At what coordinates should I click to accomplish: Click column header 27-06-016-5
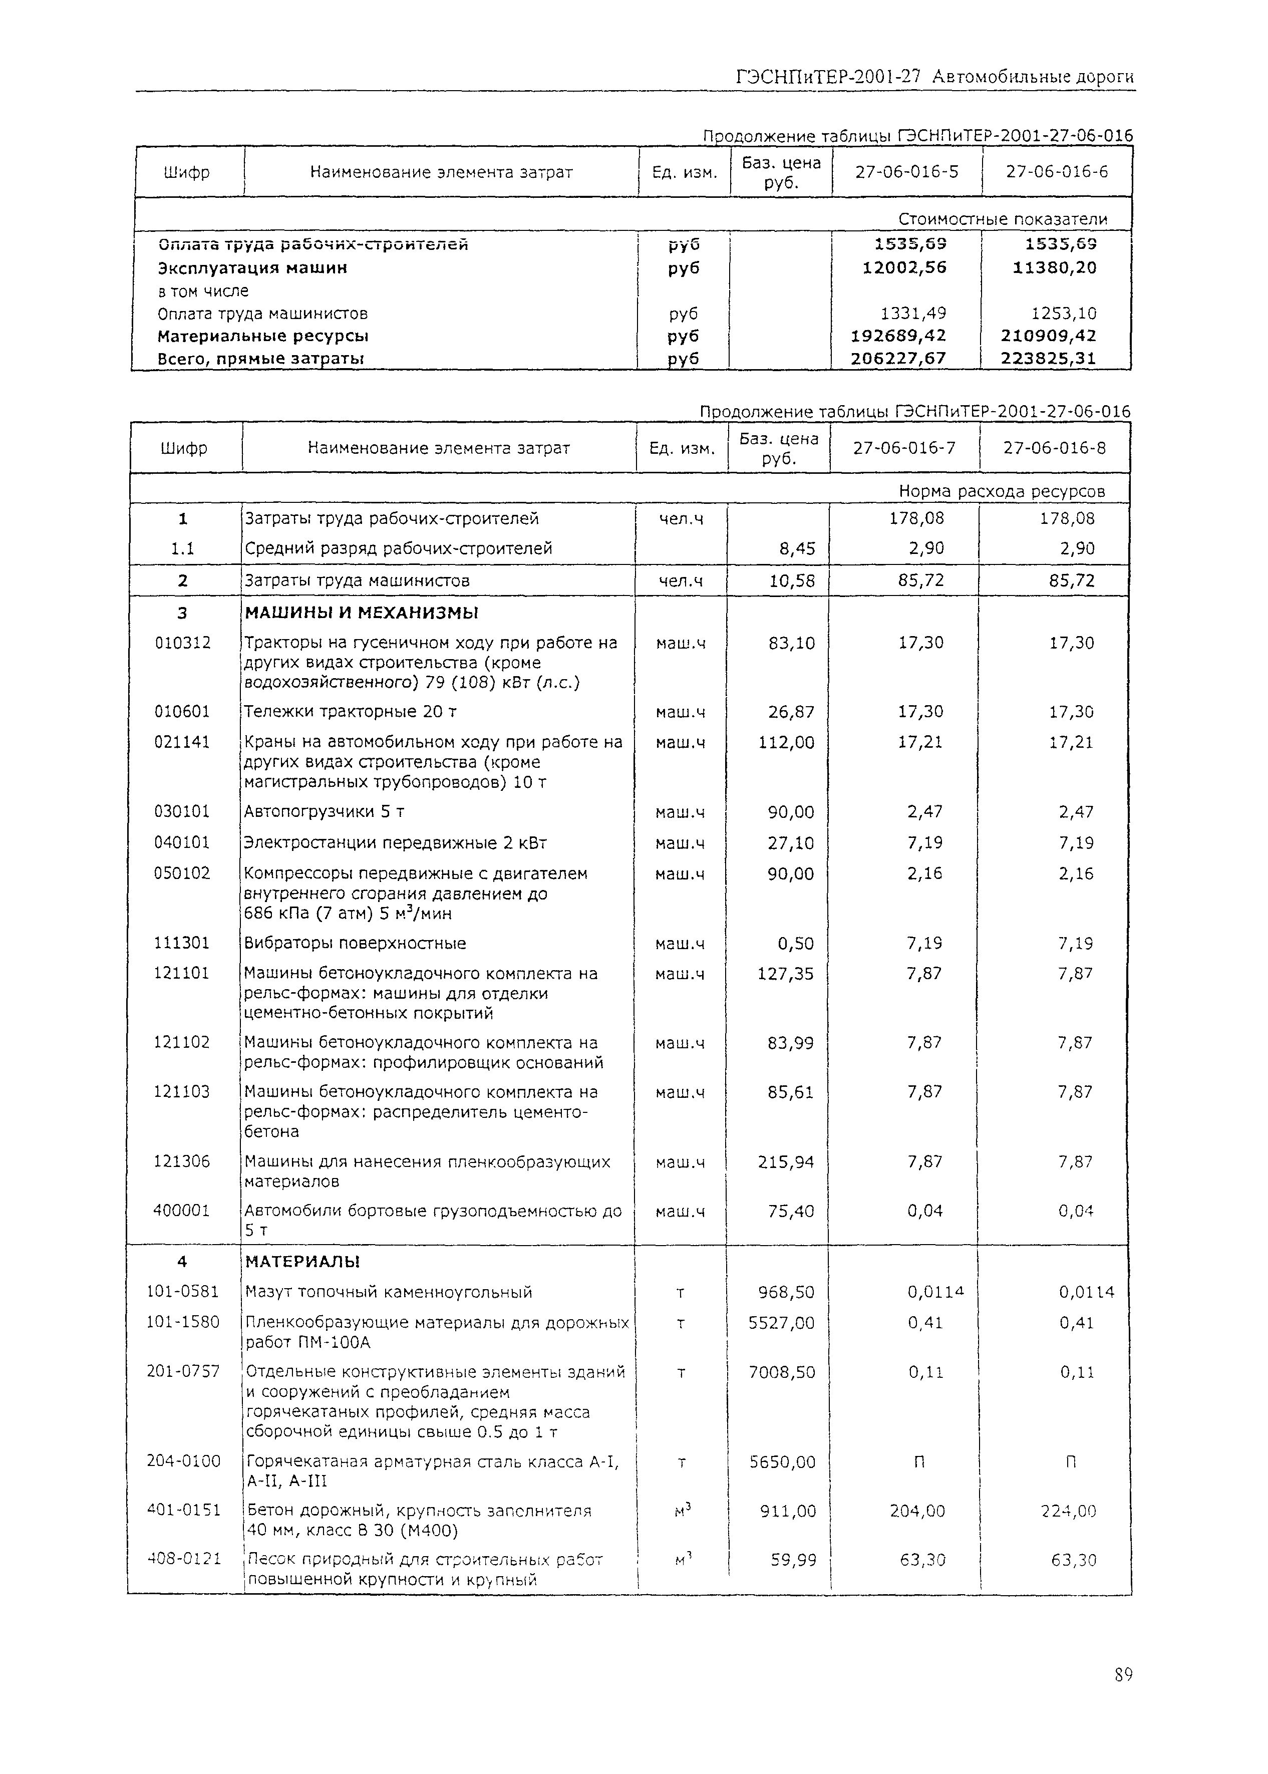906,172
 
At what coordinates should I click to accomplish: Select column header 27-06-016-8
1054,448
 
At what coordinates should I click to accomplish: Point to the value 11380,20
1054,268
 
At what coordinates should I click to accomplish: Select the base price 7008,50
782,1372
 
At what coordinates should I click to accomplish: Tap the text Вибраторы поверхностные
355,943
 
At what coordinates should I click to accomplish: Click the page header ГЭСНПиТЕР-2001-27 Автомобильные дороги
934,77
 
